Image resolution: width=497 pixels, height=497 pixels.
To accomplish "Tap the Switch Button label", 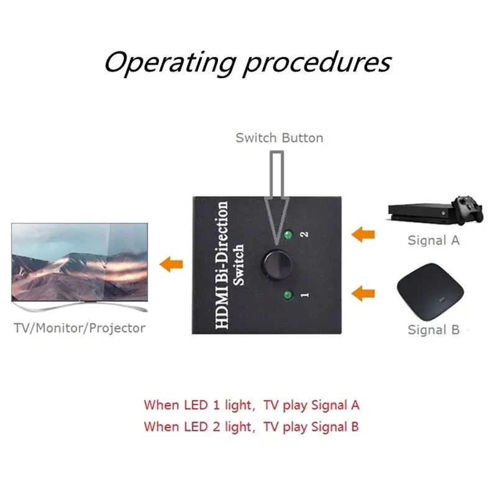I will (279, 138).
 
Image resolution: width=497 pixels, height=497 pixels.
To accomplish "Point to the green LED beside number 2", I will (286, 235).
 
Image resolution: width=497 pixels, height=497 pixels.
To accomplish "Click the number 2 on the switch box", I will (304, 235).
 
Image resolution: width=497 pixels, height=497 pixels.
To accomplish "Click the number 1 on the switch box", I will (304, 295).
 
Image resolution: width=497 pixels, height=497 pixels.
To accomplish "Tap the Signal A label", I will (434, 240).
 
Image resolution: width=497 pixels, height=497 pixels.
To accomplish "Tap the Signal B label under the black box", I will (434, 330).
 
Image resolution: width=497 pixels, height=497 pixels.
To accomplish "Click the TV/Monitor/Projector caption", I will (79, 328).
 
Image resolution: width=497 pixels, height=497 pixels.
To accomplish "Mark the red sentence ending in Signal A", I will (252, 405).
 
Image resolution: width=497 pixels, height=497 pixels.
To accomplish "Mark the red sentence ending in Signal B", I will (251, 427).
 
